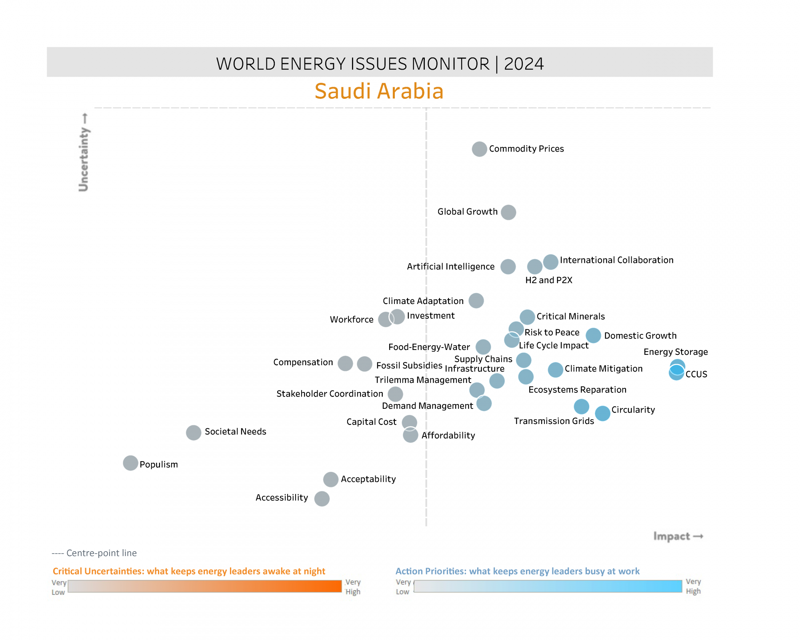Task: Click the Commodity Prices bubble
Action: [479, 149]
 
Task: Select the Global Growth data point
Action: [508, 212]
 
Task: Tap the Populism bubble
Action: [130, 463]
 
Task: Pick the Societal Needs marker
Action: [194, 433]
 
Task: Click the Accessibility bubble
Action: [322, 499]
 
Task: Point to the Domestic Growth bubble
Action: [593, 336]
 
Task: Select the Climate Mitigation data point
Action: [555, 370]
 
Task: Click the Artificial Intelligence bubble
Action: [508, 267]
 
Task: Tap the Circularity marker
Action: [602, 414]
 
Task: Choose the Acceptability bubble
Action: [331, 479]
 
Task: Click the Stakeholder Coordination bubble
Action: [395, 394]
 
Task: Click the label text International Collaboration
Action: [616, 260]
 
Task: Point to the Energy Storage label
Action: [676, 352]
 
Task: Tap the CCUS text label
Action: [696, 374]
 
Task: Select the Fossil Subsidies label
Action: [409, 366]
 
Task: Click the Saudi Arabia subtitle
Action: [379, 91]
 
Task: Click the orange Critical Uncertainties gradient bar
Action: [205, 586]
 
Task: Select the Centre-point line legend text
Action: [94, 553]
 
